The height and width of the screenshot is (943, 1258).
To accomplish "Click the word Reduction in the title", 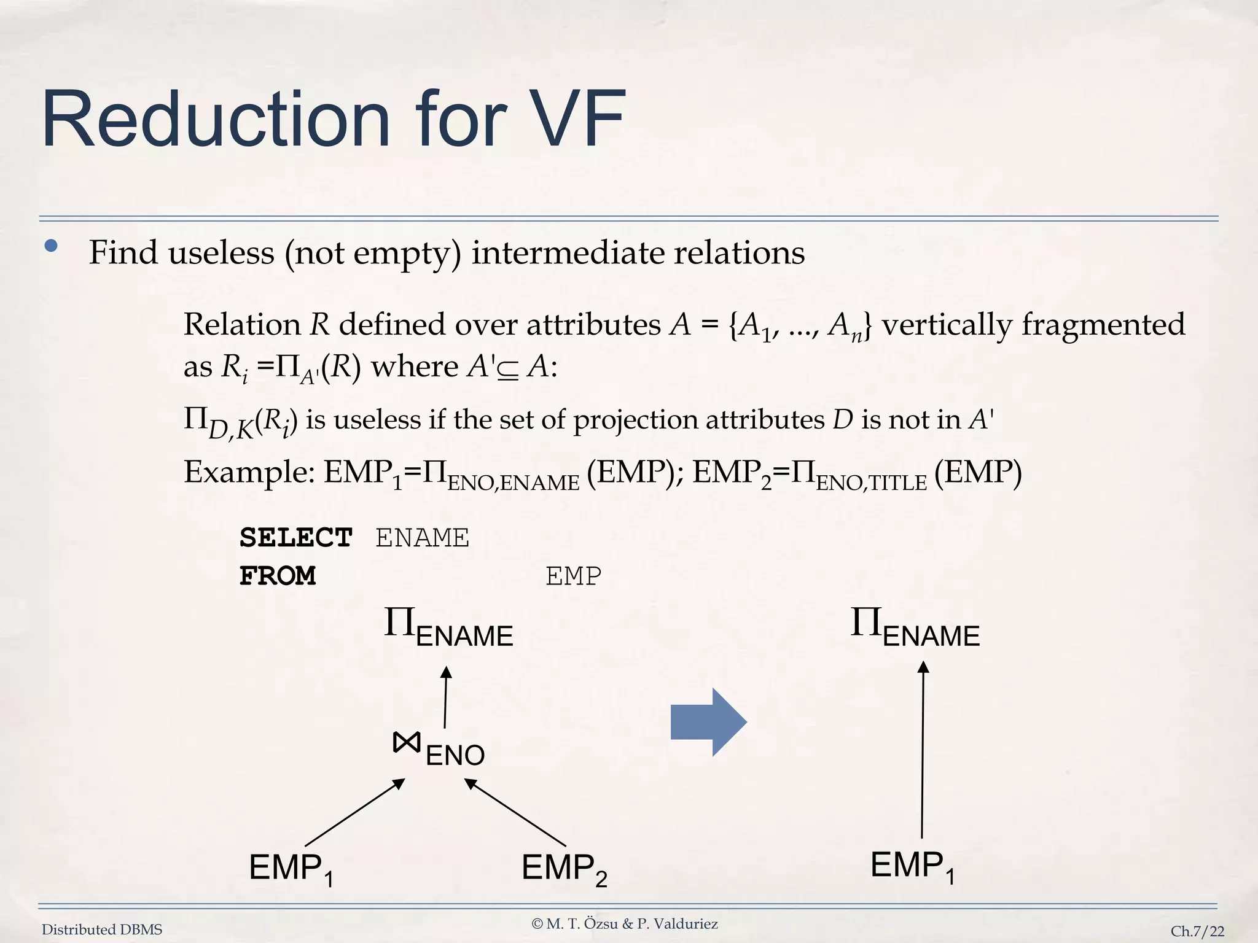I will pos(216,120).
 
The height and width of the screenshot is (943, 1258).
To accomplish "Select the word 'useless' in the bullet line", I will pos(221,253).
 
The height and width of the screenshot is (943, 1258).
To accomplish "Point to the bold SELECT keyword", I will pos(295,538).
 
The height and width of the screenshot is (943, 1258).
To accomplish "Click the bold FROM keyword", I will pos(278,576).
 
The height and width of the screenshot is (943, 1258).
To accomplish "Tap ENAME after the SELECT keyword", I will pos(422,538).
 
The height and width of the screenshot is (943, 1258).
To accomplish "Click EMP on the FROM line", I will pos(573,576).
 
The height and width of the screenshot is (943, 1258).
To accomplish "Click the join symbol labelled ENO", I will pos(407,743).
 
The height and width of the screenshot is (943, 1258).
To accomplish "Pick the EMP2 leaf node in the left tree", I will pos(563,869).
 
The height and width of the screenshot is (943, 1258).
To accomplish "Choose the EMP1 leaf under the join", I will pos(291,869).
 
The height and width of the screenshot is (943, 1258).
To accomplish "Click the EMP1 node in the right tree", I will pos(912,866).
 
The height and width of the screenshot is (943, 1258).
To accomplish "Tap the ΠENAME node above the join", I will pos(448,627).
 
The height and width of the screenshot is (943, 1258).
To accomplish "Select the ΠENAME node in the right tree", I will pos(915,627).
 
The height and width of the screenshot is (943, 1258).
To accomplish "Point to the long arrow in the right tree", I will pos(923,749).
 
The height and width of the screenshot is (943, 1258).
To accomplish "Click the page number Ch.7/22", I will pos(1197,931).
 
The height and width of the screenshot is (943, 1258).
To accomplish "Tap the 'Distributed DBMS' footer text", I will pos(102,929).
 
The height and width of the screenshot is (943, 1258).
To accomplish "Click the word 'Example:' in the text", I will pos(249,472).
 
